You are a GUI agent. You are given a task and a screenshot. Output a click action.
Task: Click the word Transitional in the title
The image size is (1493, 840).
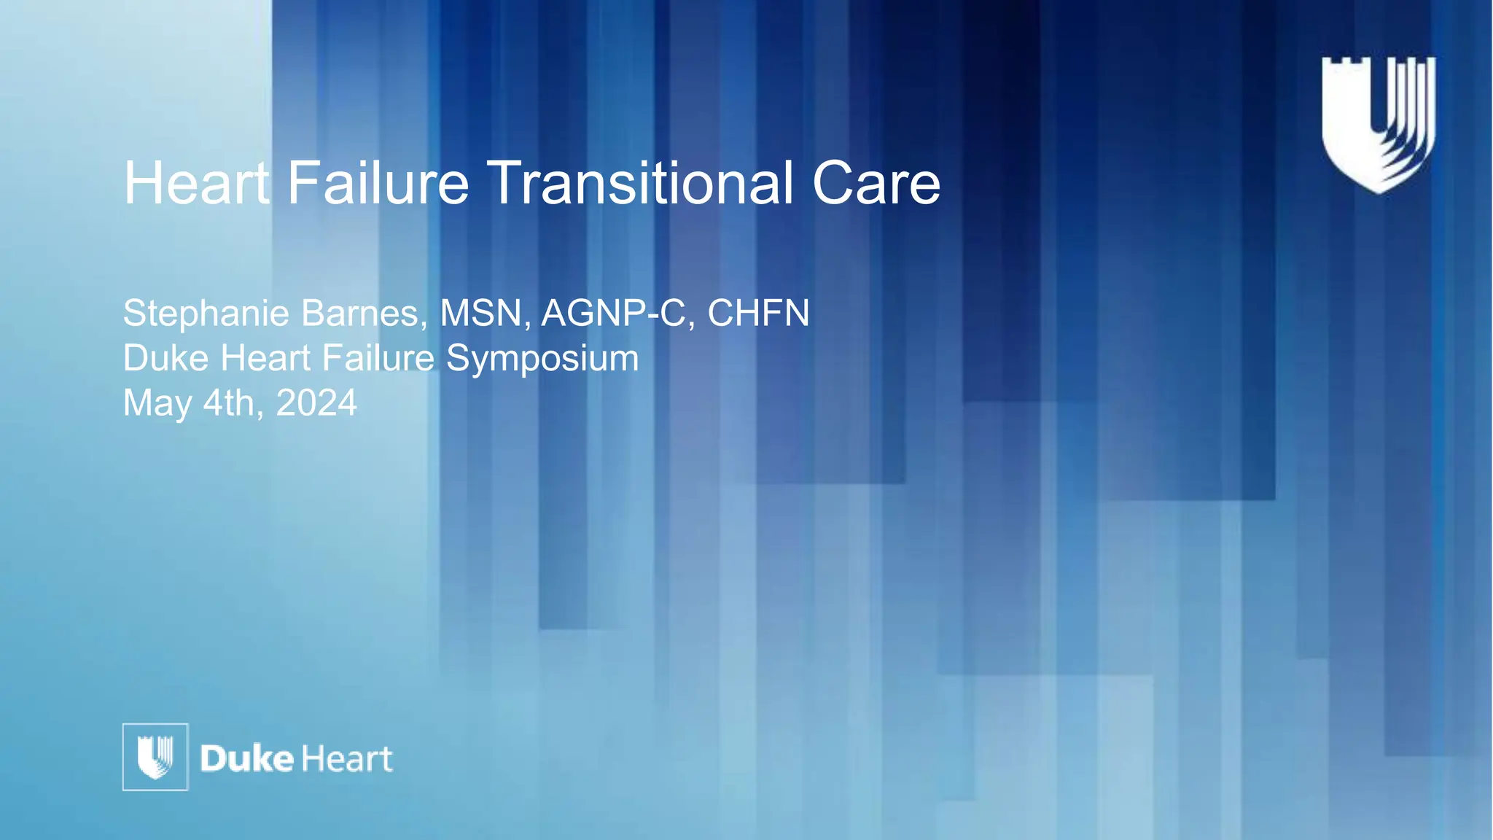point(639,183)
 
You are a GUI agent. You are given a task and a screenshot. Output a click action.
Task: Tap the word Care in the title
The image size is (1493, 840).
point(876,183)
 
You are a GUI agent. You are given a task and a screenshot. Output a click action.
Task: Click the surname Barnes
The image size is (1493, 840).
point(363,314)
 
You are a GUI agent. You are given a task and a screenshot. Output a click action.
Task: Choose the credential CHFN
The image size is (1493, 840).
point(758,314)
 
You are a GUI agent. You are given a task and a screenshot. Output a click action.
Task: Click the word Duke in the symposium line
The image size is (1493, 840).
point(165,358)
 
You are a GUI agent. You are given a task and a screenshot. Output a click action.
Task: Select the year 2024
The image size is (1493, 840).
point(316,403)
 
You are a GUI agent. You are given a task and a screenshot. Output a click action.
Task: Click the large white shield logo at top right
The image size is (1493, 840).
point(1378,124)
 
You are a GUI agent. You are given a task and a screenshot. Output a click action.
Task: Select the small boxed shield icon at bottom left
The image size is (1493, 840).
point(155,757)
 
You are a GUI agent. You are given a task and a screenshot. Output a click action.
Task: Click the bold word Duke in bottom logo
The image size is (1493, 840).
point(246,759)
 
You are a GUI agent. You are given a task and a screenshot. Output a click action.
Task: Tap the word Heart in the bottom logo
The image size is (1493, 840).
point(346,759)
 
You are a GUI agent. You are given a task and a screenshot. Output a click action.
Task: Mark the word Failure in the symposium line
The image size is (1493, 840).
point(378,358)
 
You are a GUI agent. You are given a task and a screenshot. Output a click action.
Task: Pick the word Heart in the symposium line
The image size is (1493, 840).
point(265,358)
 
